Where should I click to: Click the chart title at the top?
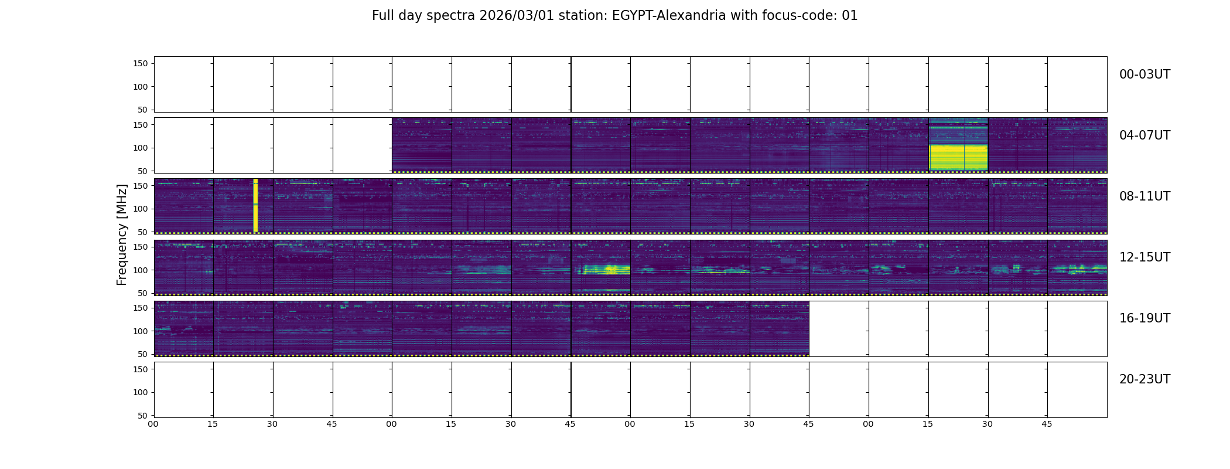[x=614, y=16]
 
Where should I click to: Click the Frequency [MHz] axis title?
[x=122, y=235]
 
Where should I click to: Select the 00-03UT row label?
[x=1144, y=74]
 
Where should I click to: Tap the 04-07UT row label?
[x=1144, y=135]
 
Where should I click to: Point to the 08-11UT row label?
[x=1144, y=196]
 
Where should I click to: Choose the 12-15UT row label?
[x=1144, y=257]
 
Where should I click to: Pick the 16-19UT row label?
[x=1144, y=318]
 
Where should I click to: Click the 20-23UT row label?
[x=1144, y=379]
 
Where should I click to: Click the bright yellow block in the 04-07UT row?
[x=958, y=157]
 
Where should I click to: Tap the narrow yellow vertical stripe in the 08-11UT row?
[x=255, y=205]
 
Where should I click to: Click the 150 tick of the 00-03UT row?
[x=141, y=63]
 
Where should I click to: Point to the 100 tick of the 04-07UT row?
[x=141, y=148]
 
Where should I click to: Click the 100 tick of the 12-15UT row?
[x=141, y=270]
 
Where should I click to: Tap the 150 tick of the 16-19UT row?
[x=141, y=308]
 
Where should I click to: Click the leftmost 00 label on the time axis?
[x=153, y=424]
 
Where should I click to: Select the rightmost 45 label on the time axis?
[x=1047, y=424]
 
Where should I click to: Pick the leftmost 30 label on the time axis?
[x=272, y=424]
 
